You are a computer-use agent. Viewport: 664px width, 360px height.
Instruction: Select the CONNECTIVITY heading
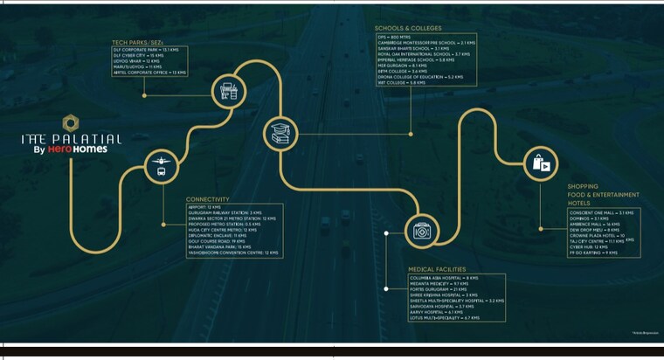[207, 199]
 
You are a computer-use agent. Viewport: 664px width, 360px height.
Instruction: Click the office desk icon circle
[229, 89]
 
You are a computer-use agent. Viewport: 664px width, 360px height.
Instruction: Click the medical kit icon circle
[421, 230]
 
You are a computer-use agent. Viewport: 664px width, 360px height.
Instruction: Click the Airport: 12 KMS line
[203, 207]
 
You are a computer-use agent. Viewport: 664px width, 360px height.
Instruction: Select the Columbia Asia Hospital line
[442, 278]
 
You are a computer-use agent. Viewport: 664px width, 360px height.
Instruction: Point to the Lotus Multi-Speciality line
[445, 318]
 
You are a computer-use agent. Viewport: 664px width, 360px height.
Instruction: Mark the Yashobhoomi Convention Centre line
[232, 253]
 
